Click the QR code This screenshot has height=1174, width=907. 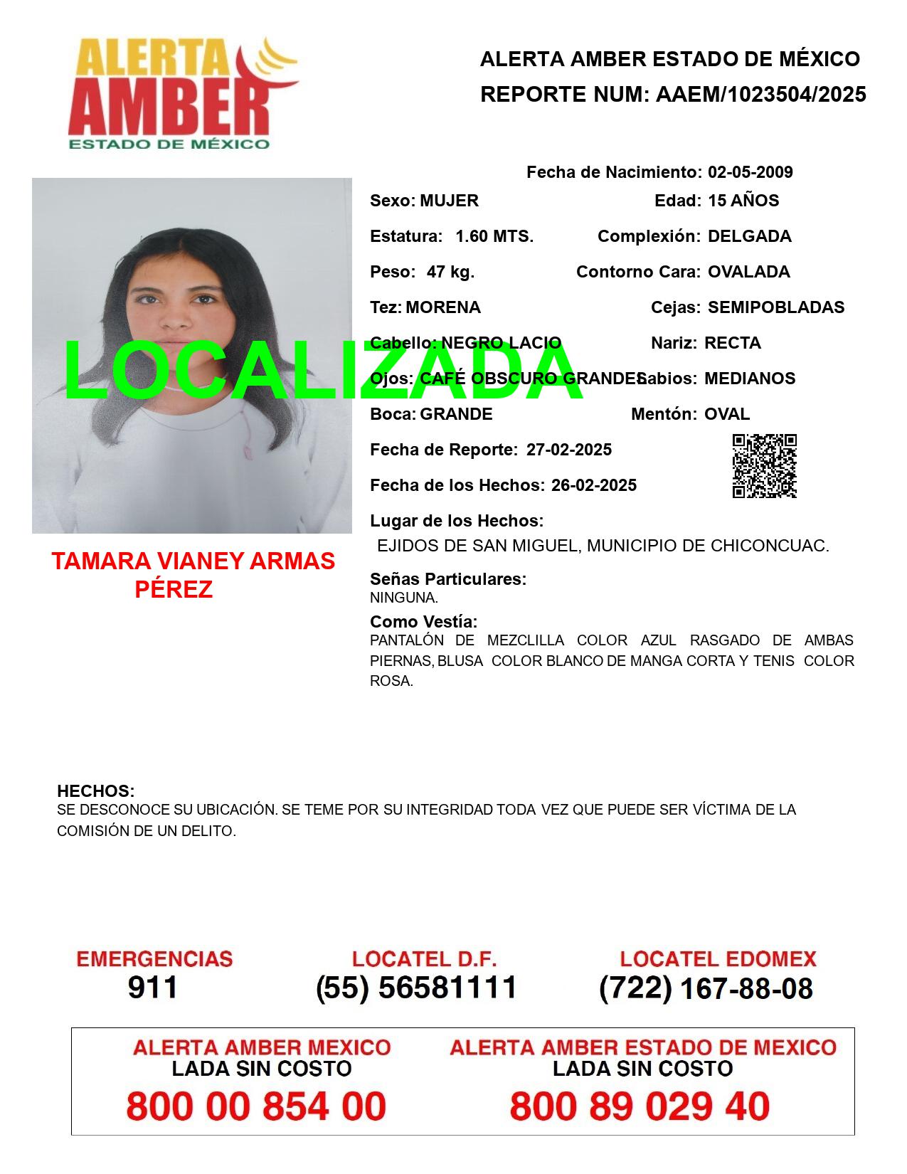tap(764, 466)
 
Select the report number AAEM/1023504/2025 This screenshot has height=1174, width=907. tap(760, 95)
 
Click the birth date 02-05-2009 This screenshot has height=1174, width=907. tap(750, 172)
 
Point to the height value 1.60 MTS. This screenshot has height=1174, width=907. tap(494, 236)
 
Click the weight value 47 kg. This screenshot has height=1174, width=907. tap(450, 272)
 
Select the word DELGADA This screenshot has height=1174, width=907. tap(749, 236)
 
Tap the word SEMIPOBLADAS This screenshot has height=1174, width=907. tap(776, 307)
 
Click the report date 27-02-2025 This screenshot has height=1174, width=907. tap(568, 450)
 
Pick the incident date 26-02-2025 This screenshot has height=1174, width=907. tap(593, 485)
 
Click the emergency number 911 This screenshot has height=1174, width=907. tap(153, 988)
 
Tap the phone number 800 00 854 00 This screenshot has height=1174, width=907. tap(256, 1106)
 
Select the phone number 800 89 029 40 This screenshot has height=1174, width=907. tap(640, 1106)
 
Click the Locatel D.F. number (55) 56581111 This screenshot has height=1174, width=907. tap(417, 988)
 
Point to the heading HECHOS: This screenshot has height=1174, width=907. tap(95, 791)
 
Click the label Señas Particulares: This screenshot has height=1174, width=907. tap(448, 579)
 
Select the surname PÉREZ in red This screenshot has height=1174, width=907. tap(174, 590)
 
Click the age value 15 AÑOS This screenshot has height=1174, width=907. tap(743, 201)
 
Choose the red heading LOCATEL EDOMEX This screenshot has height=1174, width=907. tap(718, 959)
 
